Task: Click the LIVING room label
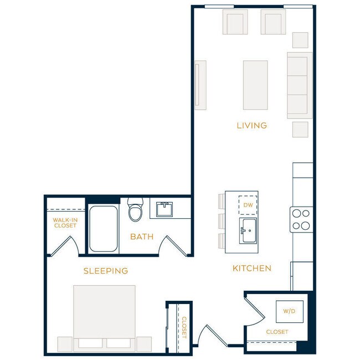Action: [x=251, y=126]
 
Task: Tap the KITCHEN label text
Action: [x=251, y=269]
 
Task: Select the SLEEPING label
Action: [x=106, y=271]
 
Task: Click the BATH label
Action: [x=142, y=237]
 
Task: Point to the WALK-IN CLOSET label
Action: [x=65, y=223]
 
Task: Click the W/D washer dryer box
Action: [x=289, y=311]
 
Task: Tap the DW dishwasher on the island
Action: [x=248, y=205]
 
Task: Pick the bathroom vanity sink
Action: [x=164, y=210]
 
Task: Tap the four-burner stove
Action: [x=301, y=219]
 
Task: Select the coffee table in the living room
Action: [x=255, y=85]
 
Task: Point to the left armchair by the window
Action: [x=235, y=23]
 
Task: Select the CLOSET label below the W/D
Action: [x=276, y=332]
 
